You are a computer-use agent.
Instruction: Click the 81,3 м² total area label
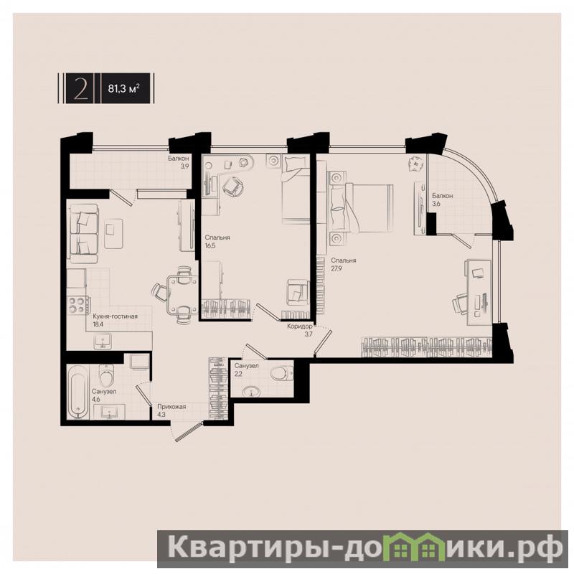pos(123,88)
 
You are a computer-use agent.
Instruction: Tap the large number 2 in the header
pos(80,88)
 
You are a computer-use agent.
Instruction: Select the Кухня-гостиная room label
pos(115,316)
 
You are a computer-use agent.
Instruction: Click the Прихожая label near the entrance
pos(171,406)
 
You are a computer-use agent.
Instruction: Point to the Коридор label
pos(300,326)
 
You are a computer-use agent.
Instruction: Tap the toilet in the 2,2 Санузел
pos(281,374)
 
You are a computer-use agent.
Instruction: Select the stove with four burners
pos(78,304)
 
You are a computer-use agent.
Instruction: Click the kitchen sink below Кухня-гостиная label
pos(103,342)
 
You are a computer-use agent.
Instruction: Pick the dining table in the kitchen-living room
pos(182,295)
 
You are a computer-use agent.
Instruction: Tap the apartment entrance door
pos(189,432)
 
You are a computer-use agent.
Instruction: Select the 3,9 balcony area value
pos(184,166)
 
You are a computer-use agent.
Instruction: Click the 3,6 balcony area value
pos(436,204)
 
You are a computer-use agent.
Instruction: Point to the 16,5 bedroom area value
pos(210,245)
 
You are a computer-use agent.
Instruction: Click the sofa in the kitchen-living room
pos(84,234)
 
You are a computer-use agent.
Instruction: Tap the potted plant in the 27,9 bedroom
pos(415,164)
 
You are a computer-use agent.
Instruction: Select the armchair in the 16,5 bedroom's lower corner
pos(297,292)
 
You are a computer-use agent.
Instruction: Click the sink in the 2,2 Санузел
pos(252,392)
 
